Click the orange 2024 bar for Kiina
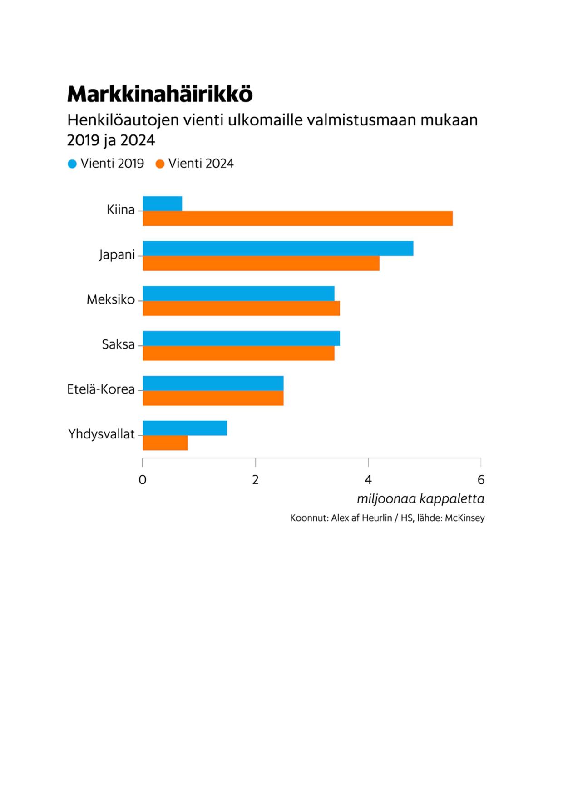pyautogui.click(x=297, y=219)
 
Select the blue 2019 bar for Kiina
pyautogui.click(x=162, y=204)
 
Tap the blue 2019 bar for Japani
pyautogui.click(x=278, y=249)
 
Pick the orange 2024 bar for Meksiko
pyautogui.click(x=241, y=309)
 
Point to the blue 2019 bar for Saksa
pyautogui.click(x=241, y=339)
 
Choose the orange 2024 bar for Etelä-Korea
pyautogui.click(x=213, y=398)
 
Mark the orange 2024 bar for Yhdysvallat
pyautogui.click(x=165, y=443)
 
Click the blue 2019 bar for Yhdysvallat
pyautogui.click(x=185, y=428)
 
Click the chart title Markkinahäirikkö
pyautogui.click(x=160, y=94)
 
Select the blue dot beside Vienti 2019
pyautogui.click(x=72, y=164)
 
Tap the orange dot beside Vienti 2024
pyautogui.click(x=160, y=164)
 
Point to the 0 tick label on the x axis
pyautogui.click(x=143, y=480)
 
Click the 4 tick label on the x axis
pyautogui.click(x=368, y=480)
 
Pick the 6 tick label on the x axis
pyautogui.click(x=481, y=480)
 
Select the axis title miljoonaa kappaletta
pyautogui.click(x=420, y=499)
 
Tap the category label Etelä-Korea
pyautogui.click(x=101, y=389)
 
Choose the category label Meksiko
pyautogui.click(x=111, y=299)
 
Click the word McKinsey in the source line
pyautogui.click(x=464, y=518)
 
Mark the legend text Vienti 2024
pyautogui.click(x=201, y=164)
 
